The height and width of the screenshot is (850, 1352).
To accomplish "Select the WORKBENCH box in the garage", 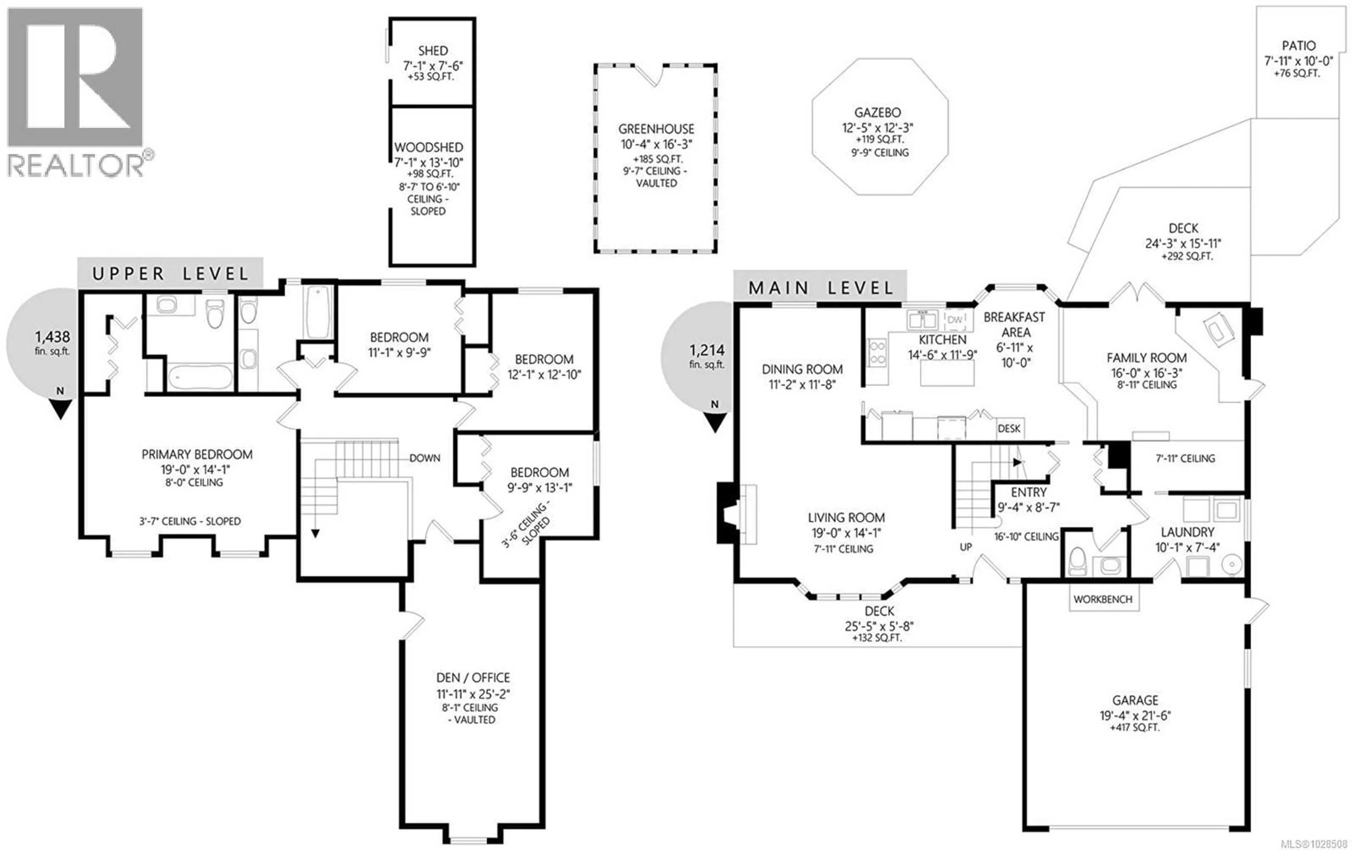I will coord(1103,599).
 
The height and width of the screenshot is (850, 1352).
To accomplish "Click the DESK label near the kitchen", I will coord(1009,429).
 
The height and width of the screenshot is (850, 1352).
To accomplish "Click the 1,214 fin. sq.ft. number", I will coord(707,351).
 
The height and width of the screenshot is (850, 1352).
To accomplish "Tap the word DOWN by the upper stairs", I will coord(425,458).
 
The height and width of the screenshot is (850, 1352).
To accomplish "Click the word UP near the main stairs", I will coord(966,547).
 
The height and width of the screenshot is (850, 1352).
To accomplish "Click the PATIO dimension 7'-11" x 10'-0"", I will coord(1297,61).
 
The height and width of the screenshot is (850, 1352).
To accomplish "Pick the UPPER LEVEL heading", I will coord(170,274).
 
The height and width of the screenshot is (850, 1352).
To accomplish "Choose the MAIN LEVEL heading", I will coord(820,288).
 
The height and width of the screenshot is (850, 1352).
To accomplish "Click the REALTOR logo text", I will coord(76,166).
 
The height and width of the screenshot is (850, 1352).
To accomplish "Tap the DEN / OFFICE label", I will coord(473,678).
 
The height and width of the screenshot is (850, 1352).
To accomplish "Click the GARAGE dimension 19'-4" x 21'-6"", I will coord(1135,716).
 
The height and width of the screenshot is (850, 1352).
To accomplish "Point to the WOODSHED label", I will coord(428,148).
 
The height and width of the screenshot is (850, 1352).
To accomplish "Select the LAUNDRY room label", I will coord(1187,532).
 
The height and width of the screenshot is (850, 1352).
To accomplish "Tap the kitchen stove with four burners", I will coord(877,352).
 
